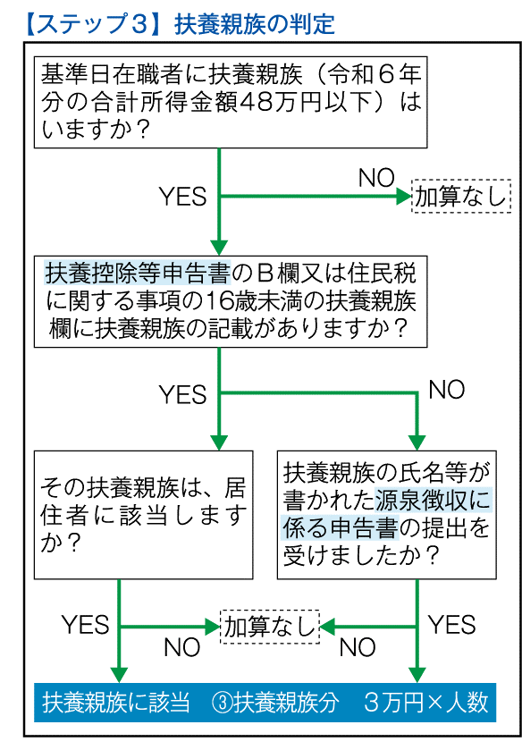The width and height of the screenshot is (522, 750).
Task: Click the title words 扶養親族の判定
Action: coord(255,24)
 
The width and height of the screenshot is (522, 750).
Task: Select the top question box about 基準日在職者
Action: coord(231,102)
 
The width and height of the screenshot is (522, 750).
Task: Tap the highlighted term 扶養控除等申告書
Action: coord(138,274)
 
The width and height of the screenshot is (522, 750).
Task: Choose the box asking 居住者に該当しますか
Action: coord(144,515)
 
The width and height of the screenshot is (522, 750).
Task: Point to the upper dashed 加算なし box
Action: coord(461,196)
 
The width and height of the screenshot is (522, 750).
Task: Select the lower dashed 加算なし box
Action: coord(270,627)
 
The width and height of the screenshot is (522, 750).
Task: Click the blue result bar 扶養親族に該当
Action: coord(265,702)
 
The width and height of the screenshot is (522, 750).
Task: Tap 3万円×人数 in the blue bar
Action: coord(425,702)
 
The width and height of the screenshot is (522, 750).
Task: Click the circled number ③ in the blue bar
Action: coord(222,703)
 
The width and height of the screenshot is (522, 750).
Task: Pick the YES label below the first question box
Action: coord(182,196)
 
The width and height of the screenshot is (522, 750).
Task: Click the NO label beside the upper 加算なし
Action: coord(376,178)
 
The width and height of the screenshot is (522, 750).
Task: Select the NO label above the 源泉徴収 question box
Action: coord(446,390)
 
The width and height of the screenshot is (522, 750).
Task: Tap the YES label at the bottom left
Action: coord(85,624)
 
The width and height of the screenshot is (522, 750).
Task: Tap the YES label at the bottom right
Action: coord(451,624)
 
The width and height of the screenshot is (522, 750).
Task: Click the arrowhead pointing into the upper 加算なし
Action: coord(404,196)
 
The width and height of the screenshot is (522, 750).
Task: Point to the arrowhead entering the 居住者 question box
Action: coord(219,442)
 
